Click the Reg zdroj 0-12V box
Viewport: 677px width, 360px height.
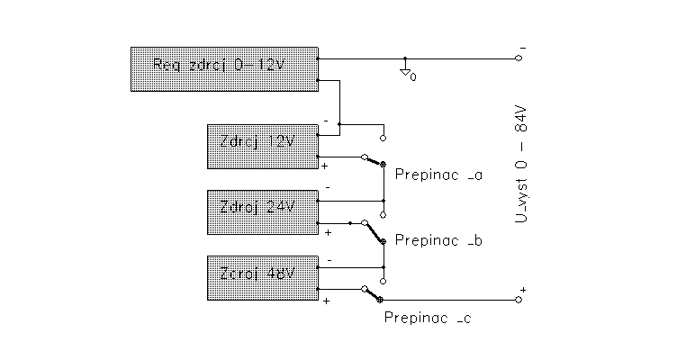224,68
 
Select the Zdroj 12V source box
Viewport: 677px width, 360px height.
262,146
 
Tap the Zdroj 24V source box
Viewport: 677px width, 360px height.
262,211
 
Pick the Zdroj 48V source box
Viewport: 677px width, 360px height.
262,278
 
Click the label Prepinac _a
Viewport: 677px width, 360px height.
438,175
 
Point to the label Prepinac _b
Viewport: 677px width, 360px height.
439,240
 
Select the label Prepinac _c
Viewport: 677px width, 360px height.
427,317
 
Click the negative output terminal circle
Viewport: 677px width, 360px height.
519,58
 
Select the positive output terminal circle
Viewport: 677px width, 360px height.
518,300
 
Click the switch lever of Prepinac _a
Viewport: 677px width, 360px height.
374,161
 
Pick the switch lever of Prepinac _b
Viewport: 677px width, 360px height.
373,232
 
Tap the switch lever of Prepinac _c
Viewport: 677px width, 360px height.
372,294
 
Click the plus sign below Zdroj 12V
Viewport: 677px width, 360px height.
325,166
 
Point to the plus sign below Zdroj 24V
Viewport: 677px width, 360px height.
328,232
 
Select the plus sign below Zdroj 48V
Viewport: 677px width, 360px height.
325,301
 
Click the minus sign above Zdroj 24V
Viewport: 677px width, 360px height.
327,188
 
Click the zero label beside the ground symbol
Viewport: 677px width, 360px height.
413,77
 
